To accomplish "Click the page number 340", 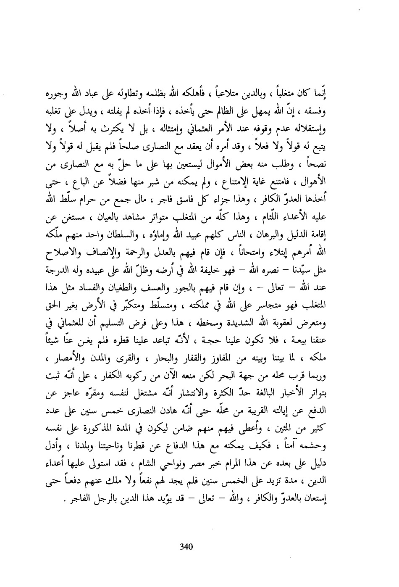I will point(186,547).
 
